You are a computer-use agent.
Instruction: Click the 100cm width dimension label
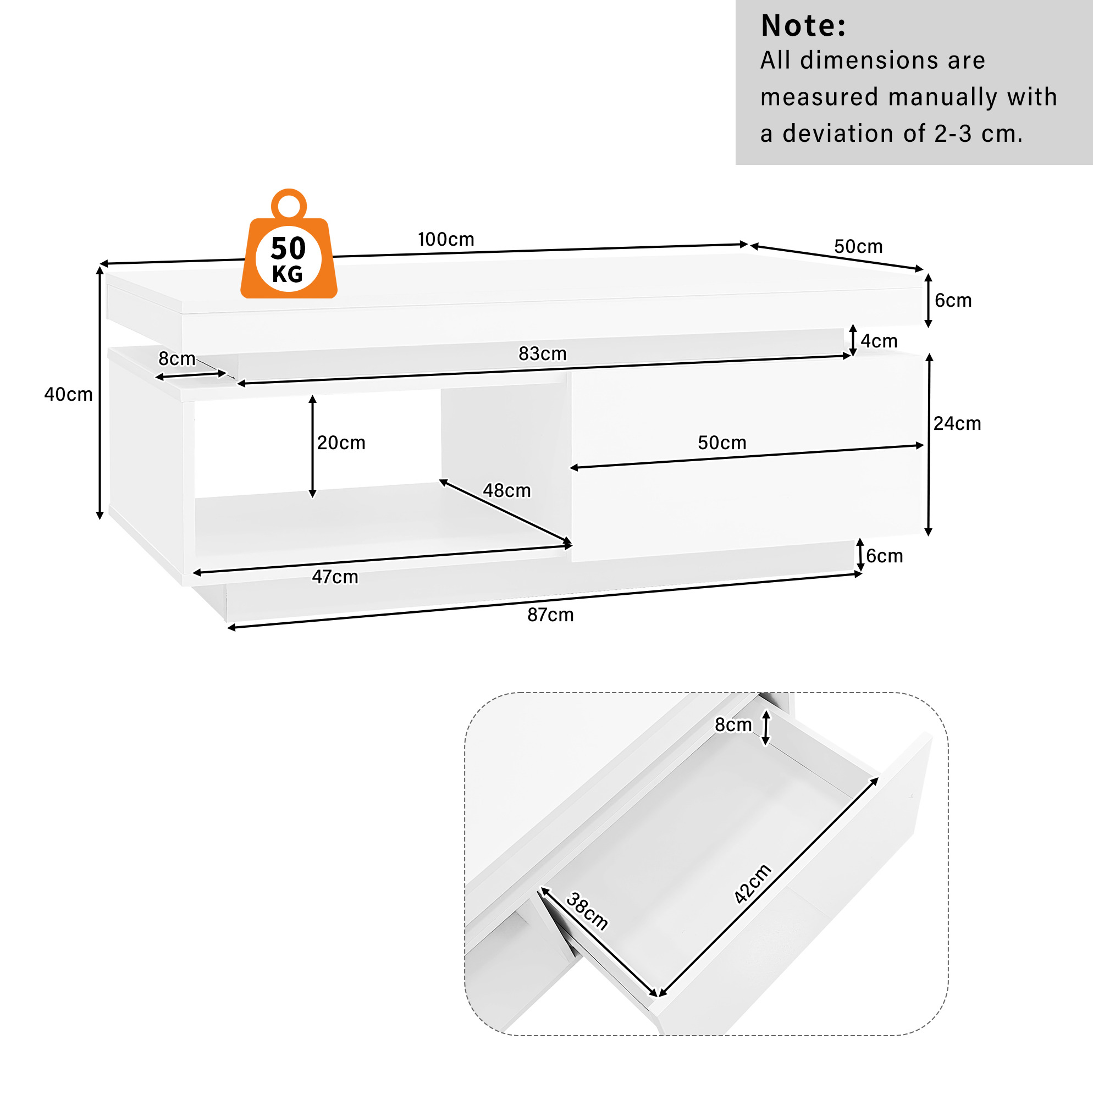(445, 239)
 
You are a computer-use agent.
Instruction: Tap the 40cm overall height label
(69, 395)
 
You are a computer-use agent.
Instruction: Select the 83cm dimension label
(543, 353)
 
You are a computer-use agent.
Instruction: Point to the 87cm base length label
(550, 615)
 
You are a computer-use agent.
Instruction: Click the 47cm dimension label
(335, 577)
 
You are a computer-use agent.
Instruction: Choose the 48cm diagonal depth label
(507, 491)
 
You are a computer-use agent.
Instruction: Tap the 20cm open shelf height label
(341, 443)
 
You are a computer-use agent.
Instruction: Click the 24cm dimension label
(958, 423)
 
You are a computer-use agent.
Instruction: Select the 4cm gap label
(879, 341)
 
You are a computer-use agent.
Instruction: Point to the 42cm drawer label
(752, 883)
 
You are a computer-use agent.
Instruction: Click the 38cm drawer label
(587, 911)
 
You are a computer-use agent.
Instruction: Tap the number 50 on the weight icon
(289, 248)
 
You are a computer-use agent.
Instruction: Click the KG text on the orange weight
(288, 274)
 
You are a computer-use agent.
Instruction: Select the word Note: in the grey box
(803, 25)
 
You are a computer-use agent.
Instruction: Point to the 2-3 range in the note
(953, 134)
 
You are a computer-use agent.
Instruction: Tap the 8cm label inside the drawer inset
(733, 725)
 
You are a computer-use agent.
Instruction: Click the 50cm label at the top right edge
(858, 247)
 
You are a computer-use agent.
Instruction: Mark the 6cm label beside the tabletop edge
(953, 300)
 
